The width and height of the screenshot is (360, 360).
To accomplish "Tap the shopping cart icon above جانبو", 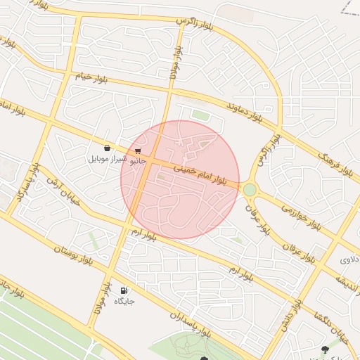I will [x=139, y=150].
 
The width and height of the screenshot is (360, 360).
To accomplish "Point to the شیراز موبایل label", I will [x=108, y=160].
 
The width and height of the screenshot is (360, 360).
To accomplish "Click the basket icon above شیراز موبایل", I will [x=107, y=148].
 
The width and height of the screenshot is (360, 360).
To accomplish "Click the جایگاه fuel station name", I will [x=124, y=301].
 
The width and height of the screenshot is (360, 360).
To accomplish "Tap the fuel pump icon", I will [x=124, y=290].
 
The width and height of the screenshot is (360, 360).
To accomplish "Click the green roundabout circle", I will [x=250, y=189].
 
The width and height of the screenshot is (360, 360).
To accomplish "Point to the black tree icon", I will [x=324, y=349].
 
